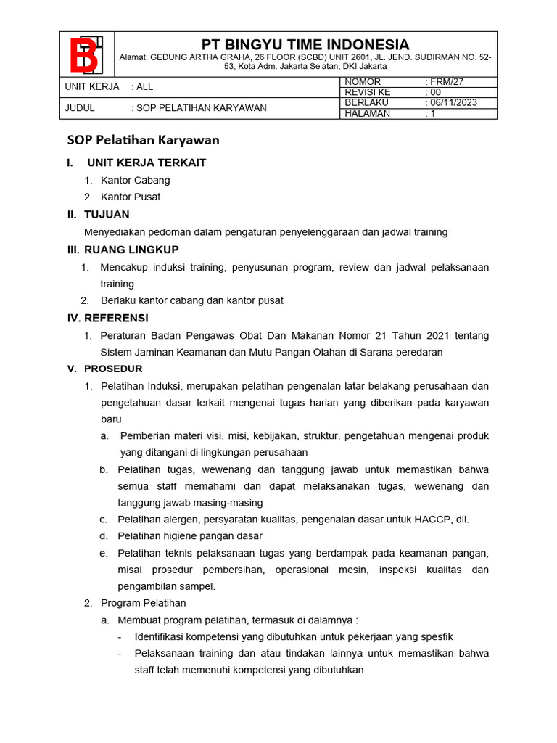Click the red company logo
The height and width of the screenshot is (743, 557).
tap(86, 54)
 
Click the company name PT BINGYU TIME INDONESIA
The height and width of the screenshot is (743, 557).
tap(305, 44)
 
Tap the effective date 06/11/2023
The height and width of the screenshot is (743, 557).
tap(453, 103)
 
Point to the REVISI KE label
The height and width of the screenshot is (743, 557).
tap(368, 92)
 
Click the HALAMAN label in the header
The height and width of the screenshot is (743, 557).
tap(368, 113)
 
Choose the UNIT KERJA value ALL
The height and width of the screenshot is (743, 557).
tap(145, 86)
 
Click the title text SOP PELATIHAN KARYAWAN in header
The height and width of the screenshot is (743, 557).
tap(201, 108)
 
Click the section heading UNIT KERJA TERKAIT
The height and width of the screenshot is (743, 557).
tap(147, 163)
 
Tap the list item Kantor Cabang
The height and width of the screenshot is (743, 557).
tap(136, 180)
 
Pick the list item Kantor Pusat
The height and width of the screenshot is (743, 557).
tap(131, 197)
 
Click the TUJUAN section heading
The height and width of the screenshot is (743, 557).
tap(107, 214)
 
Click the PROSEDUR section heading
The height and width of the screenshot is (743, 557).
tap(113, 369)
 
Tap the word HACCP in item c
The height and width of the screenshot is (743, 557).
tap(432, 520)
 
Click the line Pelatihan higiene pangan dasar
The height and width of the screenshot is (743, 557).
tap(190, 536)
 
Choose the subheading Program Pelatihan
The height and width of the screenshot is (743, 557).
tap(144, 603)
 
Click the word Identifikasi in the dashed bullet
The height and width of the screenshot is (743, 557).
tap(161, 636)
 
